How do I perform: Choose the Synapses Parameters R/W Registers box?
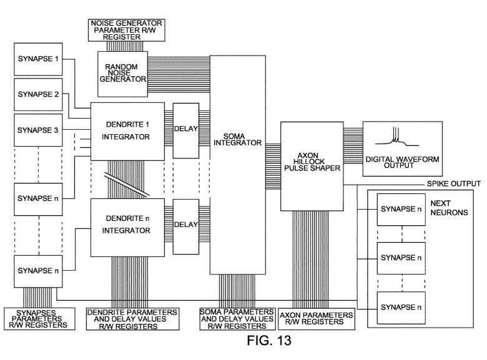point(31,317)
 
